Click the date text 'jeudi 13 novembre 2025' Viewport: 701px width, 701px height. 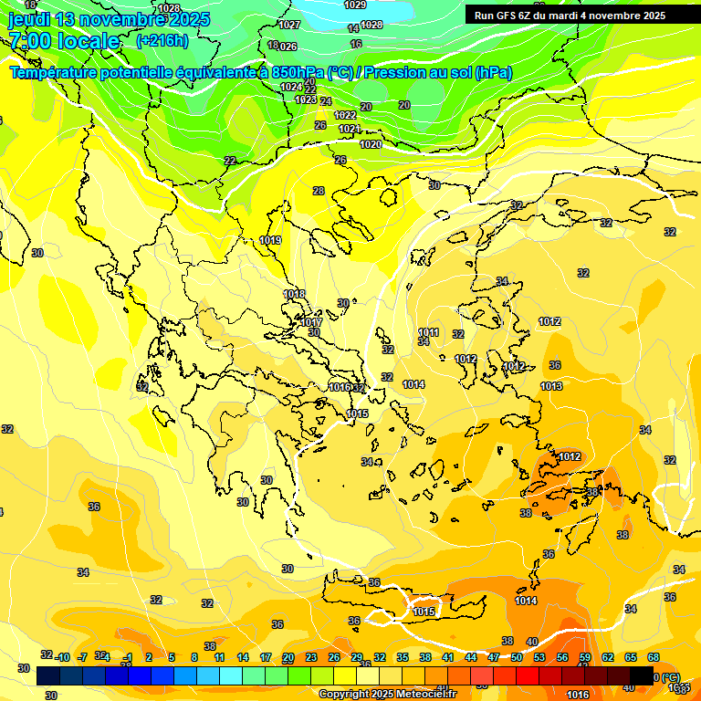109,19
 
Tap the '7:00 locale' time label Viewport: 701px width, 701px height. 64,41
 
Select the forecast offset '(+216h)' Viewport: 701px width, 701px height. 162,41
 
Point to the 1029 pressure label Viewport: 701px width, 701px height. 355,5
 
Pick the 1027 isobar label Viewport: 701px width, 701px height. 290,25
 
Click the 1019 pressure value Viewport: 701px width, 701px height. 270,240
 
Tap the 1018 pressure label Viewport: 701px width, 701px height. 294,294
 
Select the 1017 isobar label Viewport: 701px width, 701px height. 311,322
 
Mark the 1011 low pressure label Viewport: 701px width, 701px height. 428,332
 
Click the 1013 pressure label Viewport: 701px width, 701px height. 551,386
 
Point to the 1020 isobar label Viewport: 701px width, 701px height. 370,144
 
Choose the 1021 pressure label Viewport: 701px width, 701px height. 350,129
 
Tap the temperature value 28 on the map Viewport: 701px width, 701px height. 319,191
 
